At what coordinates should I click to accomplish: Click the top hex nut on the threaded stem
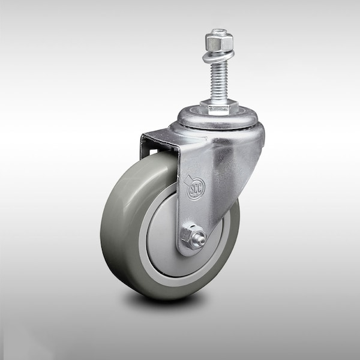tap(218, 41)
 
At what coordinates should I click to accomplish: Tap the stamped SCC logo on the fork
tap(196, 188)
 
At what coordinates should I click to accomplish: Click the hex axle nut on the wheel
tap(192, 237)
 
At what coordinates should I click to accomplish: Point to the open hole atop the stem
tap(218, 32)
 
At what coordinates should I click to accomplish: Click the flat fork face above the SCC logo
tap(198, 156)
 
